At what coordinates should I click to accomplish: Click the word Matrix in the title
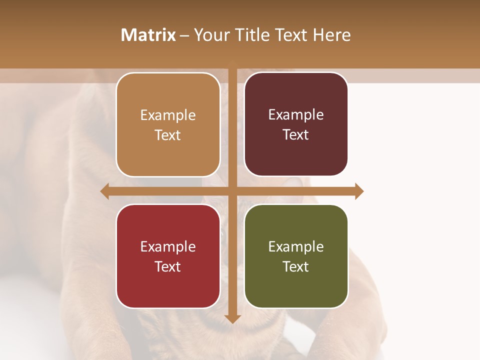[148, 35]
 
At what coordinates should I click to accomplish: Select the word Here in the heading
[331, 35]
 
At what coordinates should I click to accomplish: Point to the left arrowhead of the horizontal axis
[105, 191]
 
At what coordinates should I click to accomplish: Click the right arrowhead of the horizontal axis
[359, 191]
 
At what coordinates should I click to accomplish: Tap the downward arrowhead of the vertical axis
[232, 318]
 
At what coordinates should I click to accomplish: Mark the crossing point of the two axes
[232, 191]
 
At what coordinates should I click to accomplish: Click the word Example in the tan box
[168, 115]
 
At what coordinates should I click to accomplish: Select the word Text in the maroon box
[296, 135]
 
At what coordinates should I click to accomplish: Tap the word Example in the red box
[168, 246]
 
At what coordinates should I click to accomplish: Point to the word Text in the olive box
[296, 266]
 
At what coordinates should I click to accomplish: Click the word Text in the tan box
[168, 135]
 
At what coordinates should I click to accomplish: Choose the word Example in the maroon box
[296, 115]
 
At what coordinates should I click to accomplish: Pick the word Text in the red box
[168, 266]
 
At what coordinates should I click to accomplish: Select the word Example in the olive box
[296, 246]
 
